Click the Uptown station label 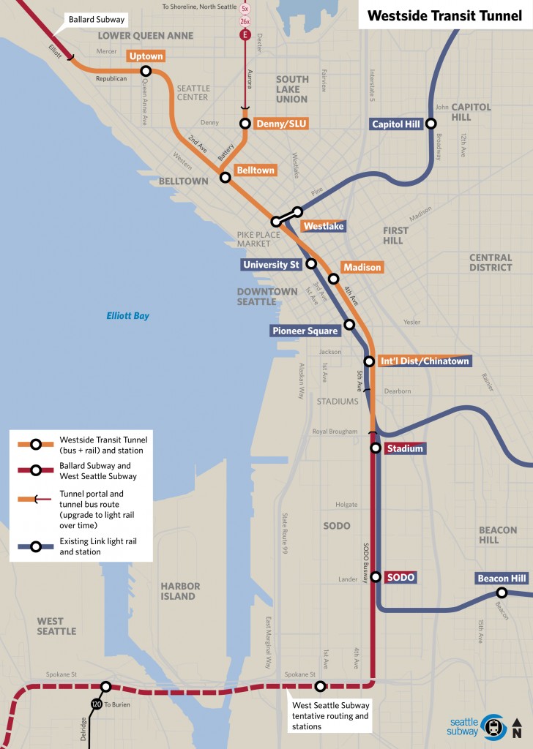(146, 56)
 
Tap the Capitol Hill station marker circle (432, 124)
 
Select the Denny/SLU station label (281, 124)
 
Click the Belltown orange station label (255, 170)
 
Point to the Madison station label (362, 268)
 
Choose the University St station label (271, 264)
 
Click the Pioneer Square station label (305, 331)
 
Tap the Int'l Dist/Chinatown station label (425, 361)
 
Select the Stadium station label (405, 448)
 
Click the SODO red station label (401, 578)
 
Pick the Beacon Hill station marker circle (502, 593)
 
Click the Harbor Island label (179, 591)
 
